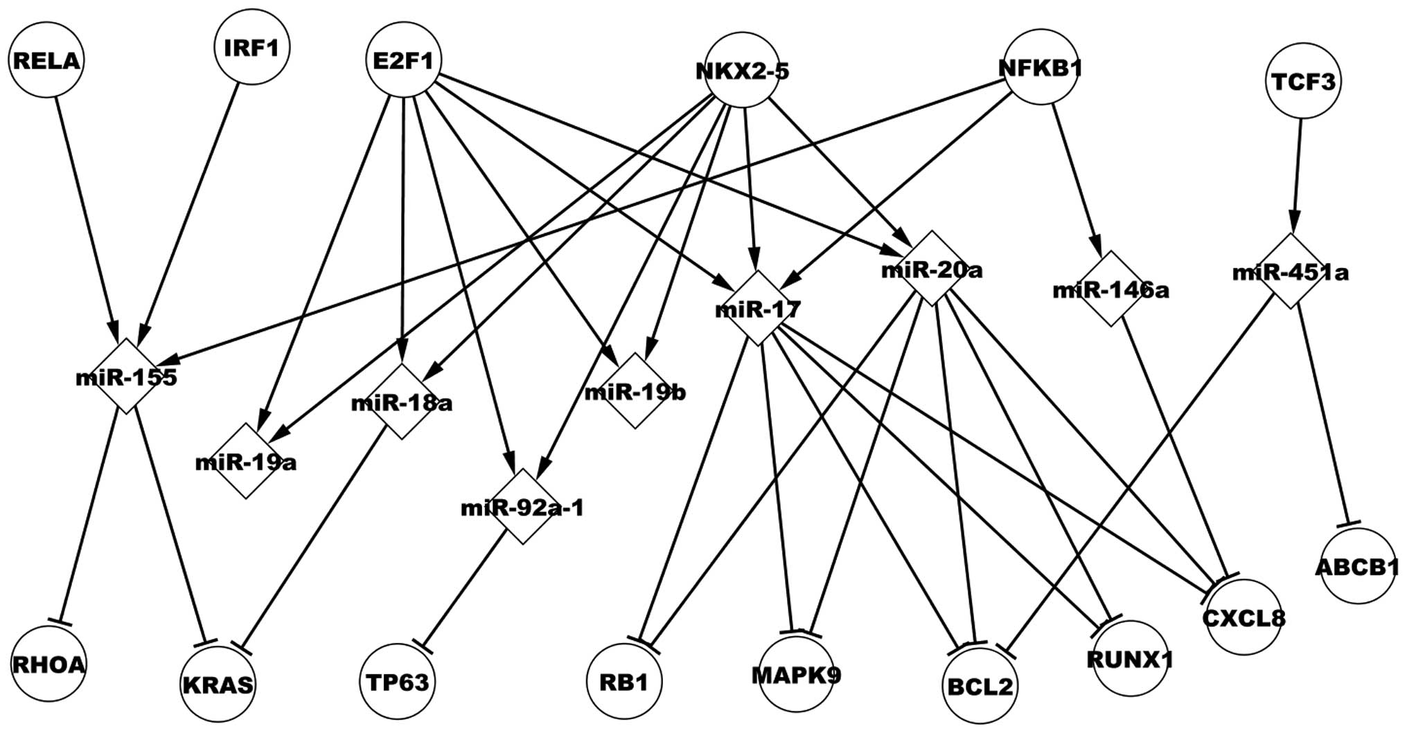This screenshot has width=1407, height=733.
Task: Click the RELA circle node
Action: click(46, 62)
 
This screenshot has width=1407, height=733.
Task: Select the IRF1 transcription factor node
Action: click(251, 48)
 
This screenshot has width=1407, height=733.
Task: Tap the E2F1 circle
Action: click(402, 61)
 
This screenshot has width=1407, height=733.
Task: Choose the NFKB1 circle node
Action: click(1041, 68)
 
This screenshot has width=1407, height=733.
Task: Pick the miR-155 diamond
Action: click(126, 377)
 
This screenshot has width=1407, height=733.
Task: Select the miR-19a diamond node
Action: click(246, 461)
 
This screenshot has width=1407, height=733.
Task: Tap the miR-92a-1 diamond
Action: click(522, 507)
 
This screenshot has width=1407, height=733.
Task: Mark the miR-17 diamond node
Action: click(759, 308)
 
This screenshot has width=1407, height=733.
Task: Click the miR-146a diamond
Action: click(1110, 289)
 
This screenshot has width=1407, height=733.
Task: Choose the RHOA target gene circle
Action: click(48, 664)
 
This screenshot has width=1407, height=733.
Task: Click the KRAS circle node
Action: click(218, 685)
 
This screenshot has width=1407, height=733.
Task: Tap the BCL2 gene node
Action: click(980, 686)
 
